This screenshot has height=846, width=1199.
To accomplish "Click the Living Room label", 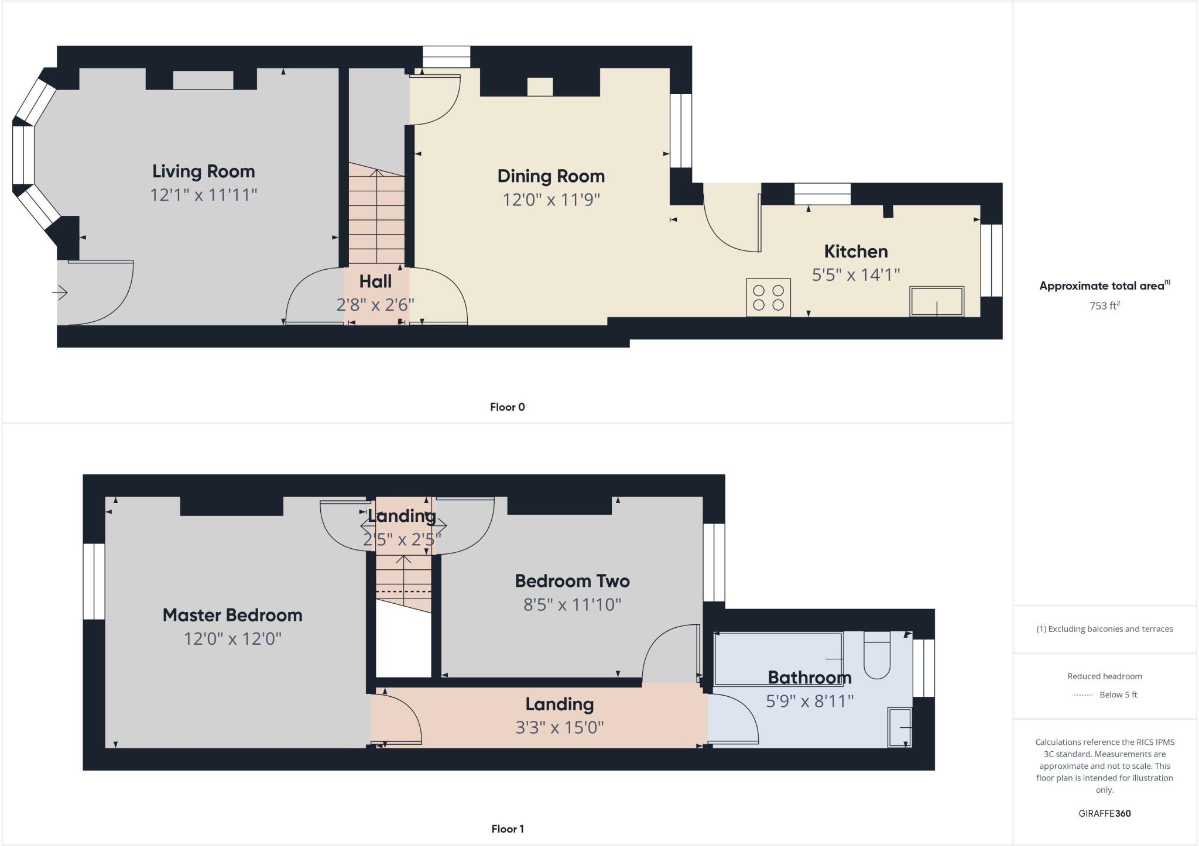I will coord(204,171).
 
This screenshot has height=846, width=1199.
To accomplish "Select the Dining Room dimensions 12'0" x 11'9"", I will coord(551,200).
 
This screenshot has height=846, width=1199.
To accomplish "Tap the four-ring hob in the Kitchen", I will coord(768,298).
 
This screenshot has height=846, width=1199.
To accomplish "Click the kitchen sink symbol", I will coord(936,301).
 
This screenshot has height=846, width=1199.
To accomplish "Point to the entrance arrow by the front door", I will coord(60,292).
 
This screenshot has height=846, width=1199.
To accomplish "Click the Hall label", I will coord(375,281).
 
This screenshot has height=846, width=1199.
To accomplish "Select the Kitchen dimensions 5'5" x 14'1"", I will coord(855,275).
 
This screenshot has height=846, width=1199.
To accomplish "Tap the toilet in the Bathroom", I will coord(876,655).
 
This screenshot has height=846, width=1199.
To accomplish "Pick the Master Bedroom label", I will coord(232,615).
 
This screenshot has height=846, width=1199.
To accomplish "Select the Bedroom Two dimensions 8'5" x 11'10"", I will coord(572,604).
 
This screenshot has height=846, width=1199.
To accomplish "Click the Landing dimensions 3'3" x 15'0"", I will coord(559,727).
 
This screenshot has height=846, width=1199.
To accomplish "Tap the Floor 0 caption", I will coord(507,407).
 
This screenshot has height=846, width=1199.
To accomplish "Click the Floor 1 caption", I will coord(507,829).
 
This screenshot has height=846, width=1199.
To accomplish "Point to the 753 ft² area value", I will coord(1104,305).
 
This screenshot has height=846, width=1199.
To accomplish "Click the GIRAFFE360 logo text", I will coord(1104,813).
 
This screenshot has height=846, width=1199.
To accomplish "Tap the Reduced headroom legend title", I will coord(1104,676).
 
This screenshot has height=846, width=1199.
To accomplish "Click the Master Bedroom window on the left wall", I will coord(94,582).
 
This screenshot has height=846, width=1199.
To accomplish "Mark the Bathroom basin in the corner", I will coord(900,727).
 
